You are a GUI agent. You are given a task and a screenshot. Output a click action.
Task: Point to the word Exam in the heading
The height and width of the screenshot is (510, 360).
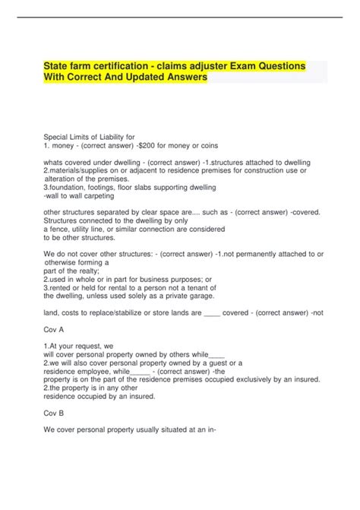click(262, 67)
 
